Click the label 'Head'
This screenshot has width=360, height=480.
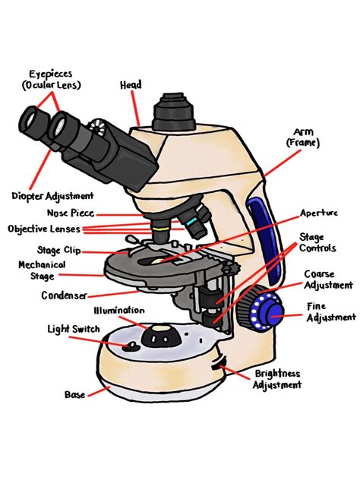(131, 85)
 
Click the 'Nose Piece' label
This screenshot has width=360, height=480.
(69, 214)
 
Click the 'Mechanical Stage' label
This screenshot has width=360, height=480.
(36, 270)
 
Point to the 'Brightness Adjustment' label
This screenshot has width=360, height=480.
(279, 380)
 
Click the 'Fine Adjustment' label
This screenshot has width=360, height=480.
(330, 312)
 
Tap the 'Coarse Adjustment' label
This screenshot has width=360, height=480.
(328, 279)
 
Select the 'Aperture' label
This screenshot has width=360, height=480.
(318, 213)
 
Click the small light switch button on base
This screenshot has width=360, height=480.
(131, 347)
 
